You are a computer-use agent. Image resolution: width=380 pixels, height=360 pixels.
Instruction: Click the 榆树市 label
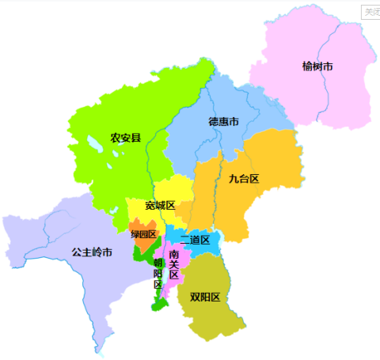(317, 66)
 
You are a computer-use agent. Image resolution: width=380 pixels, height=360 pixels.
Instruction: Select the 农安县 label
(126, 138)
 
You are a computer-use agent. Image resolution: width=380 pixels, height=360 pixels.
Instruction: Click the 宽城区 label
(160, 206)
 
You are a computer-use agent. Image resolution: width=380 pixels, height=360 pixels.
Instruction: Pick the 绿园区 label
(144, 234)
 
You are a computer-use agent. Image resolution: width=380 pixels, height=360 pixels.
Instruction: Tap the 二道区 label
(195, 240)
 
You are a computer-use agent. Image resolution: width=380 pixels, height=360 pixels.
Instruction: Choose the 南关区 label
(174, 264)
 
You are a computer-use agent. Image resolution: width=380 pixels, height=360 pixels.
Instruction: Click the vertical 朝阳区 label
(158, 274)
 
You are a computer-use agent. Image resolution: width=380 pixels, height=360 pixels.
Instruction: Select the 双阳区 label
(204, 297)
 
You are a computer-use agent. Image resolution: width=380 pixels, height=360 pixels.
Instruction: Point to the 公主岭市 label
(92, 252)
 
